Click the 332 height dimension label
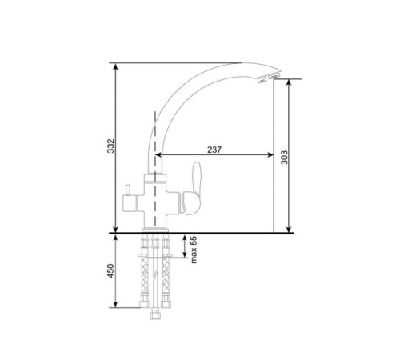tap(110, 146)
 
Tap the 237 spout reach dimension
tap(214, 150)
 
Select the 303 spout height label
tap(285, 158)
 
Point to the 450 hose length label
tap(110, 270)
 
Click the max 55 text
tap(194, 250)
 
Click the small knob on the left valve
tap(128, 190)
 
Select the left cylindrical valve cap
tap(130, 203)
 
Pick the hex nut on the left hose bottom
tap(145, 304)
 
